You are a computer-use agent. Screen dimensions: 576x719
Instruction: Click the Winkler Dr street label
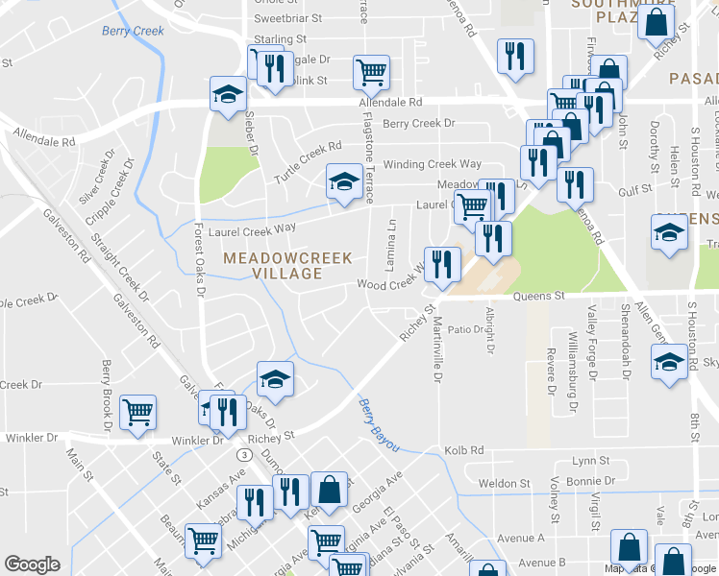[198, 441]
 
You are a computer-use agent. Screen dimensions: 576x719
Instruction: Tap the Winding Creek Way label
[433, 164]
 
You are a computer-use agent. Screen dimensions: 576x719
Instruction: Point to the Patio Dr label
[465, 329]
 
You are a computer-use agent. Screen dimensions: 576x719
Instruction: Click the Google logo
[32, 565]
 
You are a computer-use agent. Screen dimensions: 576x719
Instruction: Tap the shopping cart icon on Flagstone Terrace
[371, 69]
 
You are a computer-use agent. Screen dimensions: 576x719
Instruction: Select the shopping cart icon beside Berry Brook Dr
[138, 411]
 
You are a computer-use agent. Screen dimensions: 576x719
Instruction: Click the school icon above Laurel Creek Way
[343, 180]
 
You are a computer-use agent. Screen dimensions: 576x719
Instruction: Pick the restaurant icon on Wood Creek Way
[442, 263]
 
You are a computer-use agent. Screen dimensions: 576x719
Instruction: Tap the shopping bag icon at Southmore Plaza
[656, 23]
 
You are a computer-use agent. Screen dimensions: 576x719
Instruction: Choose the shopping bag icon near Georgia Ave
[329, 489]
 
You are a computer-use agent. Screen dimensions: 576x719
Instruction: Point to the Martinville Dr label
[436, 350]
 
